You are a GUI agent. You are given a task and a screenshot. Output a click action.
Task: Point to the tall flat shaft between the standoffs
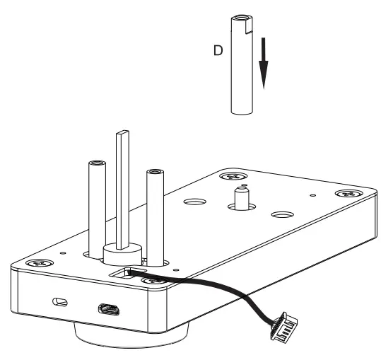tap(123, 184)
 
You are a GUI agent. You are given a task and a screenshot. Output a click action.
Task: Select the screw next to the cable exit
tap(152, 281)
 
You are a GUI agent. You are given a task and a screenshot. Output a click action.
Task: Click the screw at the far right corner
tap(346, 192)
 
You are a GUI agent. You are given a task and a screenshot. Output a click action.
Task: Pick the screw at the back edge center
tap(233, 177)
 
